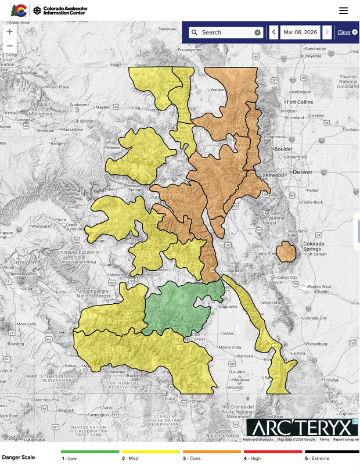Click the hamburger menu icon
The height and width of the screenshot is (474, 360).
pyautogui.click(x=343, y=10)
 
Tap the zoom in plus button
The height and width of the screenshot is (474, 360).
pyautogui.click(x=9, y=31)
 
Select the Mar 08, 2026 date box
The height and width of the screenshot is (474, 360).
pyautogui.click(x=300, y=33)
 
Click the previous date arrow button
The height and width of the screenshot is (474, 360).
pyautogui.click(x=273, y=33)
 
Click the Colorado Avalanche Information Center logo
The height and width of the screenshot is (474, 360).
pyautogui.click(x=43, y=10)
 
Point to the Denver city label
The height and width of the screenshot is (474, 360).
pyautogui.click(x=304, y=173)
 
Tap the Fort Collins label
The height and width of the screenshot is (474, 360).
pyautogui.click(x=299, y=102)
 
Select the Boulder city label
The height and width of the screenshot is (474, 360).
pyautogui.click(x=283, y=149)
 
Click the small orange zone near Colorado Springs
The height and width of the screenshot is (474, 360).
pyautogui.click(x=286, y=253)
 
